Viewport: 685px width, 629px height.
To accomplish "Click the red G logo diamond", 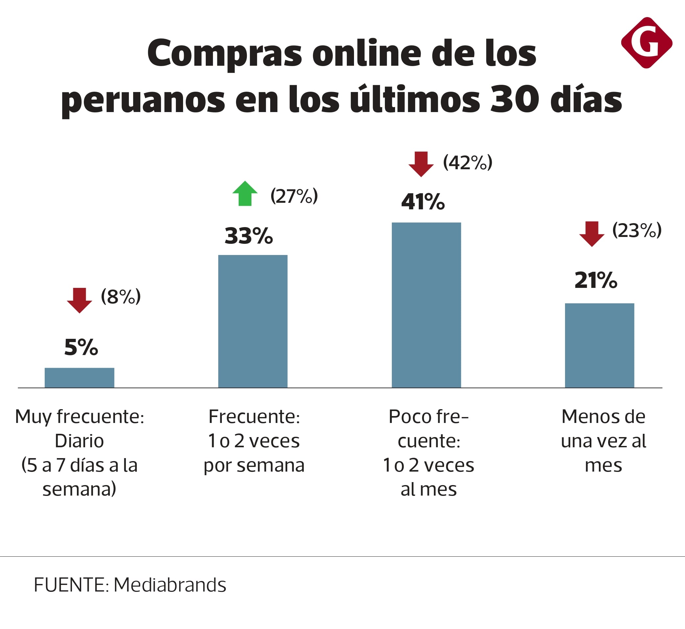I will click(x=646, y=43).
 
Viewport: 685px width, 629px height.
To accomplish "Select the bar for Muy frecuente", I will click(x=79, y=378).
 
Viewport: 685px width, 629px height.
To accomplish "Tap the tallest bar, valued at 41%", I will click(x=426, y=305).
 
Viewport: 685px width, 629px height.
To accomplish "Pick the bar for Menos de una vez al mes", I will click(x=599, y=345).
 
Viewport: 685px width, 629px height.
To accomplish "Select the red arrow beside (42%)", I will click(x=421, y=164).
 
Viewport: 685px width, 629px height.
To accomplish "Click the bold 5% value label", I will click(x=81, y=347).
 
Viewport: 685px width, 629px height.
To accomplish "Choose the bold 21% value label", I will click(x=596, y=280).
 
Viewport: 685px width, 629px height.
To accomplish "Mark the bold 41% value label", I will click(x=423, y=201).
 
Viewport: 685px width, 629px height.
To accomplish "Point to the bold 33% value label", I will click(x=248, y=236).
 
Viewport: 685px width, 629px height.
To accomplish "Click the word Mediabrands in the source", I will click(x=170, y=585).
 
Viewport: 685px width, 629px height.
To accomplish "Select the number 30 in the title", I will click(x=514, y=99).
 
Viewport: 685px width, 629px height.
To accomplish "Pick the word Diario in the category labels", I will click(x=79, y=441).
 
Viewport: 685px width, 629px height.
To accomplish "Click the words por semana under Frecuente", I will click(x=254, y=465).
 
